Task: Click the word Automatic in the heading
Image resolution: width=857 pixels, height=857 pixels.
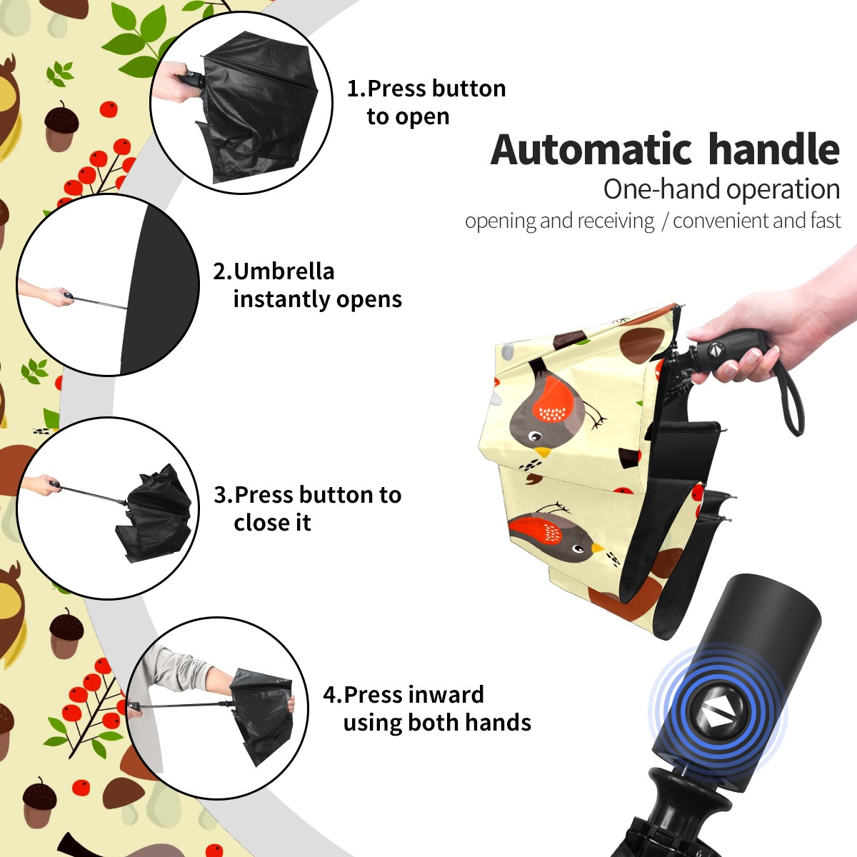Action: pyautogui.click(x=591, y=150)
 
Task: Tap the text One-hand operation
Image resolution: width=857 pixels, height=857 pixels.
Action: pyautogui.click(x=721, y=189)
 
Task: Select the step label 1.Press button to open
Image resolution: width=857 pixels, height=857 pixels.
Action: pyautogui.click(x=426, y=102)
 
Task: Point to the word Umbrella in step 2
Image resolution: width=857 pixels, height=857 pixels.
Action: pyautogui.click(x=284, y=271)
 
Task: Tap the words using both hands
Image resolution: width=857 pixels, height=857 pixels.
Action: pyautogui.click(x=437, y=723)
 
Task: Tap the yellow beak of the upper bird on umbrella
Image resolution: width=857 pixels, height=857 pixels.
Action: pyautogui.click(x=543, y=452)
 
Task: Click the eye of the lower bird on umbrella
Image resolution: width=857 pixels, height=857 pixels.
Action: pyautogui.click(x=578, y=548)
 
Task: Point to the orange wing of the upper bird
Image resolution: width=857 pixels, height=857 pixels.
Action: pyautogui.click(x=553, y=399)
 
